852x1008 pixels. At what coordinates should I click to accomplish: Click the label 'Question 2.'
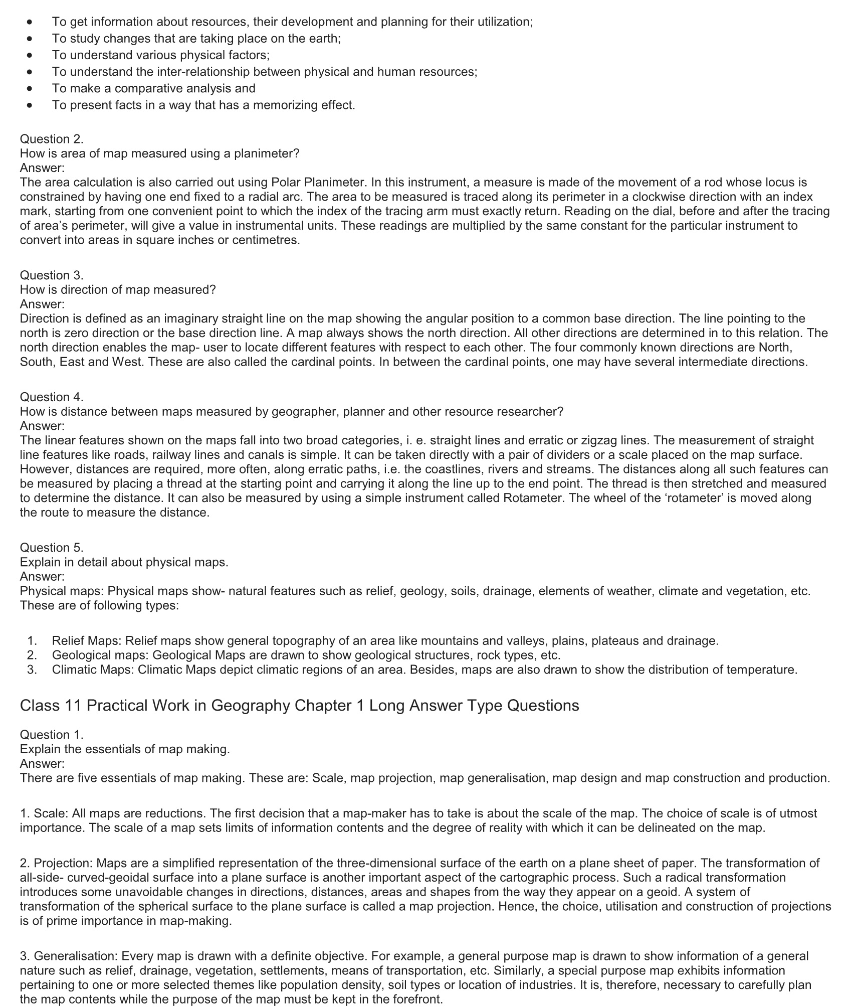(x=52, y=139)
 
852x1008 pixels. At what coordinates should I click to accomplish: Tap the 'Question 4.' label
(x=52, y=397)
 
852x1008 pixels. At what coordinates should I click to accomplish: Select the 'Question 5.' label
(x=52, y=547)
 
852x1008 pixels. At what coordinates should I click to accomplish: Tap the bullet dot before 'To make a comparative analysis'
(x=31, y=89)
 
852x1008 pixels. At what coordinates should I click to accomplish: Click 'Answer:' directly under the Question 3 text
(x=42, y=304)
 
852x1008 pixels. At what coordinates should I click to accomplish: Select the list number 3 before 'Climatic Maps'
(x=32, y=669)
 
